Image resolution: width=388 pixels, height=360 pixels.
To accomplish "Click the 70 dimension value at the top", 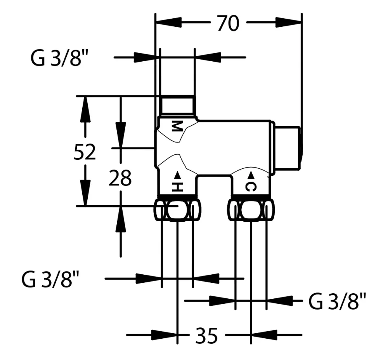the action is coord(228,23).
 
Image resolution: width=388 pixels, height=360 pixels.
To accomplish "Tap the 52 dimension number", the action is coord(85,152).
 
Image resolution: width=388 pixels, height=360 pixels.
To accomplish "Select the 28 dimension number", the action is coord(120,178).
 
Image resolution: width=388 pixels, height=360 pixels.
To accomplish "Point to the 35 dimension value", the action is coord(206,336).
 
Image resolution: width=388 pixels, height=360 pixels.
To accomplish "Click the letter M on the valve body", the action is coord(177,126).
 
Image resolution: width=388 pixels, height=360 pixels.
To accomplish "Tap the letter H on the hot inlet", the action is coord(177,187).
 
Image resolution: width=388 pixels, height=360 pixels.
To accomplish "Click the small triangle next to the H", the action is coord(177,175).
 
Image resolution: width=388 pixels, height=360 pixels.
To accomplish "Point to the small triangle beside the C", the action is coord(251,175).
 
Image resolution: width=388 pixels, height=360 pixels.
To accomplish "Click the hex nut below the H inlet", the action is coord(177,209).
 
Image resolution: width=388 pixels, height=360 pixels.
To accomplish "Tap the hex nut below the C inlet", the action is coord(251,209).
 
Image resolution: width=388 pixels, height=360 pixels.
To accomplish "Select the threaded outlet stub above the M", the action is coord(177,106).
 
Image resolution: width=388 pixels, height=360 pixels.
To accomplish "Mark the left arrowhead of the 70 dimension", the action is coord(168,22).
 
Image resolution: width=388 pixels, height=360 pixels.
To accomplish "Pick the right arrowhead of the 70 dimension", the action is coord(289,22).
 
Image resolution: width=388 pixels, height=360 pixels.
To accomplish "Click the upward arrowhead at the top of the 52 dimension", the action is coord(85,109).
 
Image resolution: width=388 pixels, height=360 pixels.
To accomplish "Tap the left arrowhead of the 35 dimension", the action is coord(164,335).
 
